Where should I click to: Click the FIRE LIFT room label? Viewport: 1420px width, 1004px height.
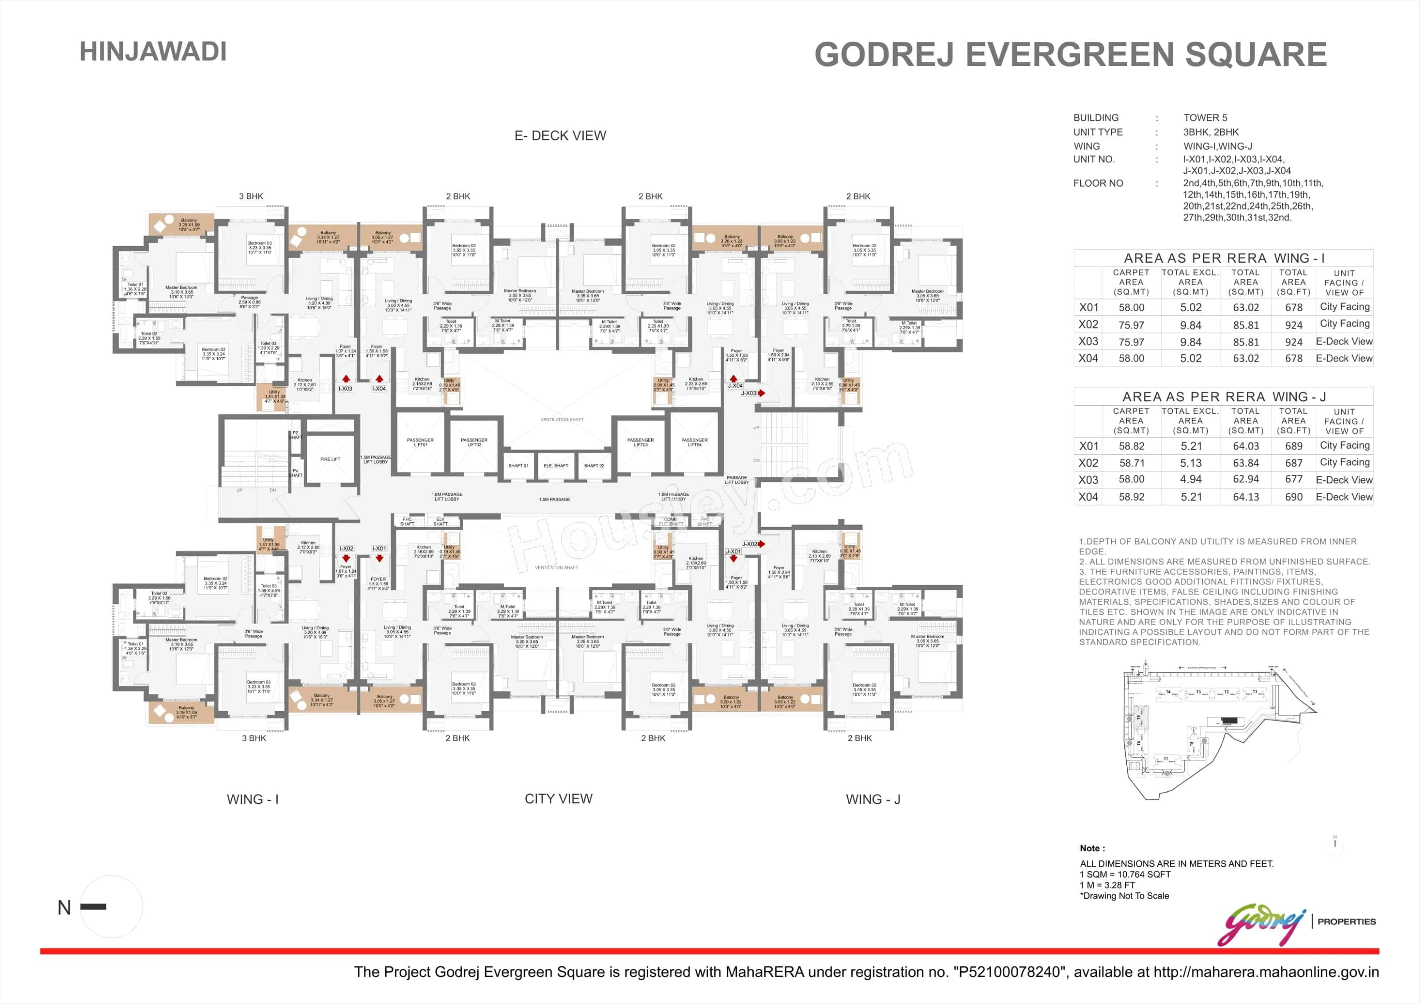(x=330, y=459)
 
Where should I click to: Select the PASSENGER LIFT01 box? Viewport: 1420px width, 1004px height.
(x=420, y=442)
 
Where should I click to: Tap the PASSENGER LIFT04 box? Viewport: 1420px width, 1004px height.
(x=695, y=442)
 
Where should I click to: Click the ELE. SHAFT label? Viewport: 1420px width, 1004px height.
(x=556, y=465)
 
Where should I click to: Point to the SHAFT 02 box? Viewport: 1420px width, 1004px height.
(x=594, y=465)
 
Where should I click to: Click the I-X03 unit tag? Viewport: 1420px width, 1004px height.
(x=345, y=389)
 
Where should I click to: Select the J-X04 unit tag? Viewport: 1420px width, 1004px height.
(x=735, y=385)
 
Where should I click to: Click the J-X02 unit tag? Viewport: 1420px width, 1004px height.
(x=750, y=544)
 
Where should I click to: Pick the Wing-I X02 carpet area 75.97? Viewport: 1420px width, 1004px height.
(x=1131, y=325)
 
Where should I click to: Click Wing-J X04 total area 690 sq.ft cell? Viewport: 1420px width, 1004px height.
(x=1293, y=497)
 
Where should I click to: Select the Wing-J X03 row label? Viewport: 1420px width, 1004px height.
(x=1088, y=479)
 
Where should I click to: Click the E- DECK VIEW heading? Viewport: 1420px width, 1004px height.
(x=560, y=136)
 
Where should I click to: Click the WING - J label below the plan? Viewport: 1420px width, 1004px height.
(x=872, y=799)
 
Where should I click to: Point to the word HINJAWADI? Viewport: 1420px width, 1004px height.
(x=153, y=51)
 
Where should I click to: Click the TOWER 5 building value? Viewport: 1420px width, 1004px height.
(x=1205, y=117)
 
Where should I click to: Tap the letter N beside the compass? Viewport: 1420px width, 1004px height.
(x=64, y=907)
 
